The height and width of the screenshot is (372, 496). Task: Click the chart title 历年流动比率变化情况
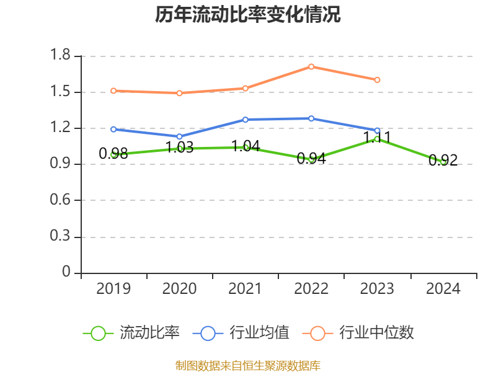[247, 14]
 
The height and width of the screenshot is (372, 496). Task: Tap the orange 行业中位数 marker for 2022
[311, 67]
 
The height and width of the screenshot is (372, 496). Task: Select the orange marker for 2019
[113, 91]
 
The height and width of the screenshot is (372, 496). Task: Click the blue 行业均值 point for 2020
[179, 136]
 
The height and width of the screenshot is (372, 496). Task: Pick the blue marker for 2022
[311, 118]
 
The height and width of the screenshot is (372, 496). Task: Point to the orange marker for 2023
[377, 80]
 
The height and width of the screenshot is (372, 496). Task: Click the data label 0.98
[113, 154]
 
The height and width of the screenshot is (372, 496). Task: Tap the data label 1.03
[179, 148]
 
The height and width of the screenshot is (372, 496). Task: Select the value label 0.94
[311, 159]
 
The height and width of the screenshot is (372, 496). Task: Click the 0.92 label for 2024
[443, 161]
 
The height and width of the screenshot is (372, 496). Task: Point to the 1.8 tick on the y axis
[60, 55]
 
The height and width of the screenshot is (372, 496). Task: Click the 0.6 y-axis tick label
[60, 200]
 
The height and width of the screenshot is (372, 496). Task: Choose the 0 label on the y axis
[66, 272]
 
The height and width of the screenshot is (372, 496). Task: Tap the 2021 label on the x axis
[245, 289]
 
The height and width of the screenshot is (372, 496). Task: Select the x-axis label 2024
[443, 289]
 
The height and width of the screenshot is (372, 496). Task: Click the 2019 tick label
[113, 289]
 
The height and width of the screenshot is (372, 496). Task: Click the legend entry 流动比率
[131, 333]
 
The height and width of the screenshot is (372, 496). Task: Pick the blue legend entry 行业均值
[241, 333]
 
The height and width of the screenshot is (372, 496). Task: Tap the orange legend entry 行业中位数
[358, 333]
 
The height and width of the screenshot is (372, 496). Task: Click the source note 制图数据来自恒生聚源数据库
[247, 366]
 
